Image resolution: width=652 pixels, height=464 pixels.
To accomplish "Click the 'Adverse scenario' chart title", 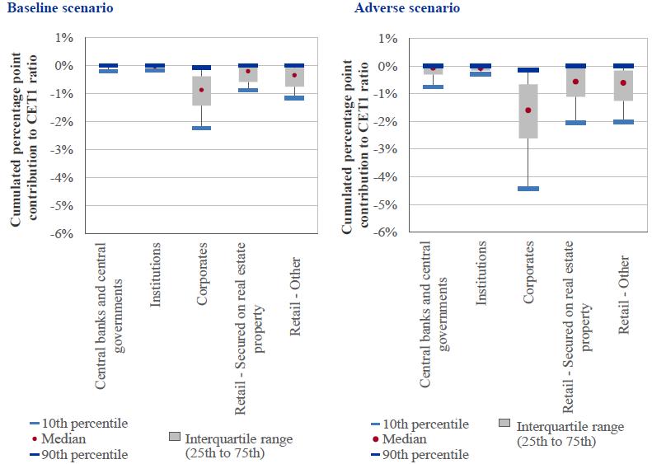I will (x=395, y=8).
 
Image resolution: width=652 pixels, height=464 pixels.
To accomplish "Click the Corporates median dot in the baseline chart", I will (x=201, y=90).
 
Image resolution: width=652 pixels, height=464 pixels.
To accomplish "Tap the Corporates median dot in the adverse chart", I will (x=528, y=110).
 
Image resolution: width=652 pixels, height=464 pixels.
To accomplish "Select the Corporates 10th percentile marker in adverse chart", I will (x=528, y=189).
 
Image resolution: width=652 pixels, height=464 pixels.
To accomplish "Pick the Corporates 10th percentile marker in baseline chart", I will (x=201, y=129).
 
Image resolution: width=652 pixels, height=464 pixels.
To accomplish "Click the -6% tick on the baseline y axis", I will (x=63, y=234).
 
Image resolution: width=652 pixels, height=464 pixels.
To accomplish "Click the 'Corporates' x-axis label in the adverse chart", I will (x=528, y=273).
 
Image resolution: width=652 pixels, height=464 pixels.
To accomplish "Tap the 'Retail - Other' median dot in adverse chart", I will (x=623, y=82).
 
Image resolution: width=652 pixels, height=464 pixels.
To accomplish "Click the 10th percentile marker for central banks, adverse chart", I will (x=433, y=87).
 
